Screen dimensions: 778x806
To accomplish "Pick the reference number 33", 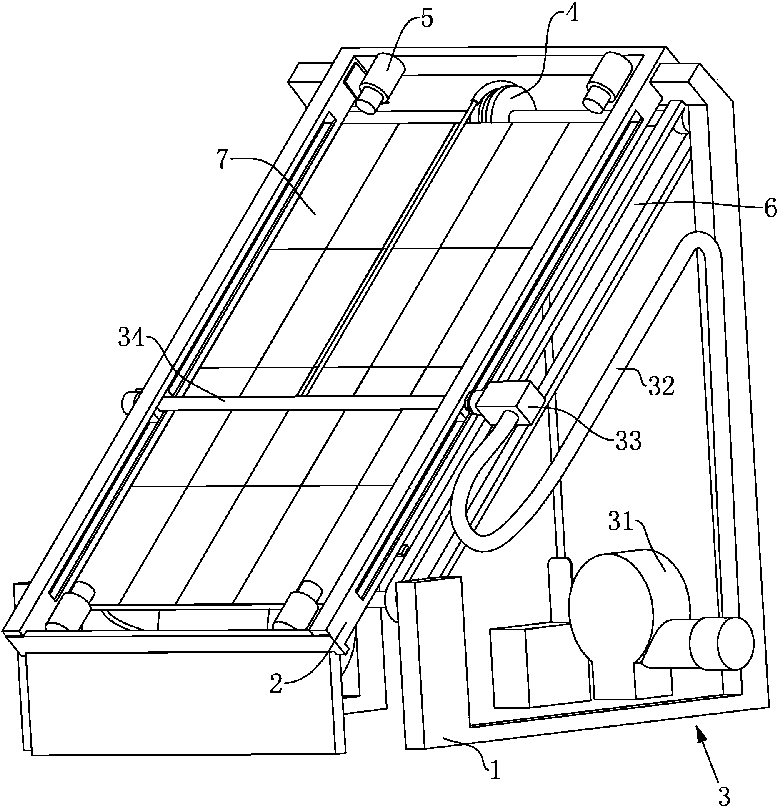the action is (x=628, y=441).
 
